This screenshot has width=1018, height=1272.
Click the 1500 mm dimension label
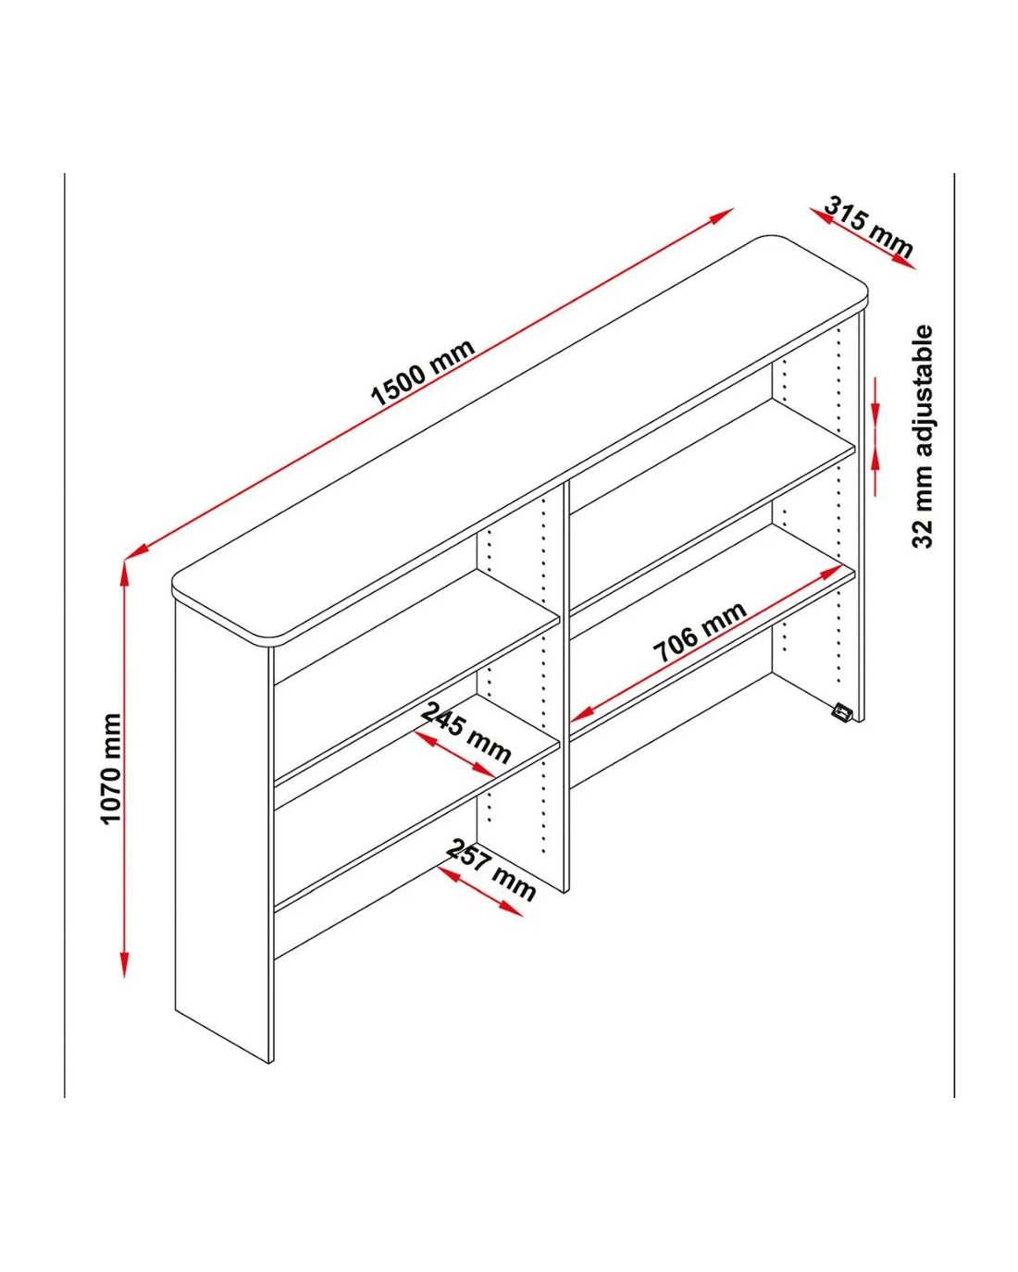pos(422,373)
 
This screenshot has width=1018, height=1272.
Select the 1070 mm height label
pos(111,769)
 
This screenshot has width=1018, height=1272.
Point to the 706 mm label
pos(700,633)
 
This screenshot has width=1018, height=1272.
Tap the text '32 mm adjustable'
pos(923,437)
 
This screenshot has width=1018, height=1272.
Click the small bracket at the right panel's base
pos(842,711)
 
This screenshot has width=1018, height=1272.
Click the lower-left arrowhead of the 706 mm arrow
pos(581,714)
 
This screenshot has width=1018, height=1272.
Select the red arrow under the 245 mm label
pos(454,754)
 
